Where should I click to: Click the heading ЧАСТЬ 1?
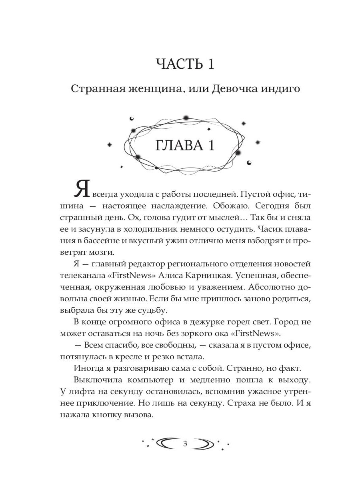point(185,64)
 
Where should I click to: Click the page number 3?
point(184,444)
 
